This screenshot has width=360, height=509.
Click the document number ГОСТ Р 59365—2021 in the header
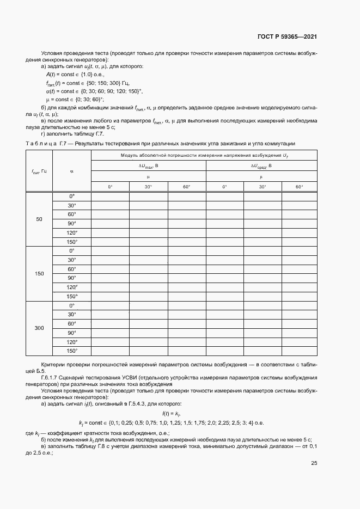[x=288, y=36]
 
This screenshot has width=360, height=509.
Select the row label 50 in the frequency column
[x=39, y=219]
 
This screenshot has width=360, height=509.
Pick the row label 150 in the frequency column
[x=39, y=273]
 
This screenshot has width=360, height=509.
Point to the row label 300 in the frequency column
[x=39, y=328]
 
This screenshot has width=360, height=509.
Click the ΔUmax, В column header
[x=148, y=165]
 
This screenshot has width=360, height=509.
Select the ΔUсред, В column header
[x=261, y=165]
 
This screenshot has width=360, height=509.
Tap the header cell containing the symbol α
[x=72, y=171]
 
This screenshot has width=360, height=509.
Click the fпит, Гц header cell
[x=39, y=171]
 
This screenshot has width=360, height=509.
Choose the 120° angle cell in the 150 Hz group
[x=72, y=287]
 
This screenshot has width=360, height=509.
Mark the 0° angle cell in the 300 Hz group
[x=72, y=305]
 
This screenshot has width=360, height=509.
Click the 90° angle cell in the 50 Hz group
[x=72, y=223]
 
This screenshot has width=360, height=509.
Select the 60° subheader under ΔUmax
[x=186, y=187]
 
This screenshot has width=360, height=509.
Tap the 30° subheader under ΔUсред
[x=262, y=187]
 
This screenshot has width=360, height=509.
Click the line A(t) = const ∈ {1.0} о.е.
[x=75, y=73]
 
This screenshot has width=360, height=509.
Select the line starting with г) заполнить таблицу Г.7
[x=69, y=134]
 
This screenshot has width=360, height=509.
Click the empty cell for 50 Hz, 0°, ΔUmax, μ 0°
[x=110, y=196]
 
